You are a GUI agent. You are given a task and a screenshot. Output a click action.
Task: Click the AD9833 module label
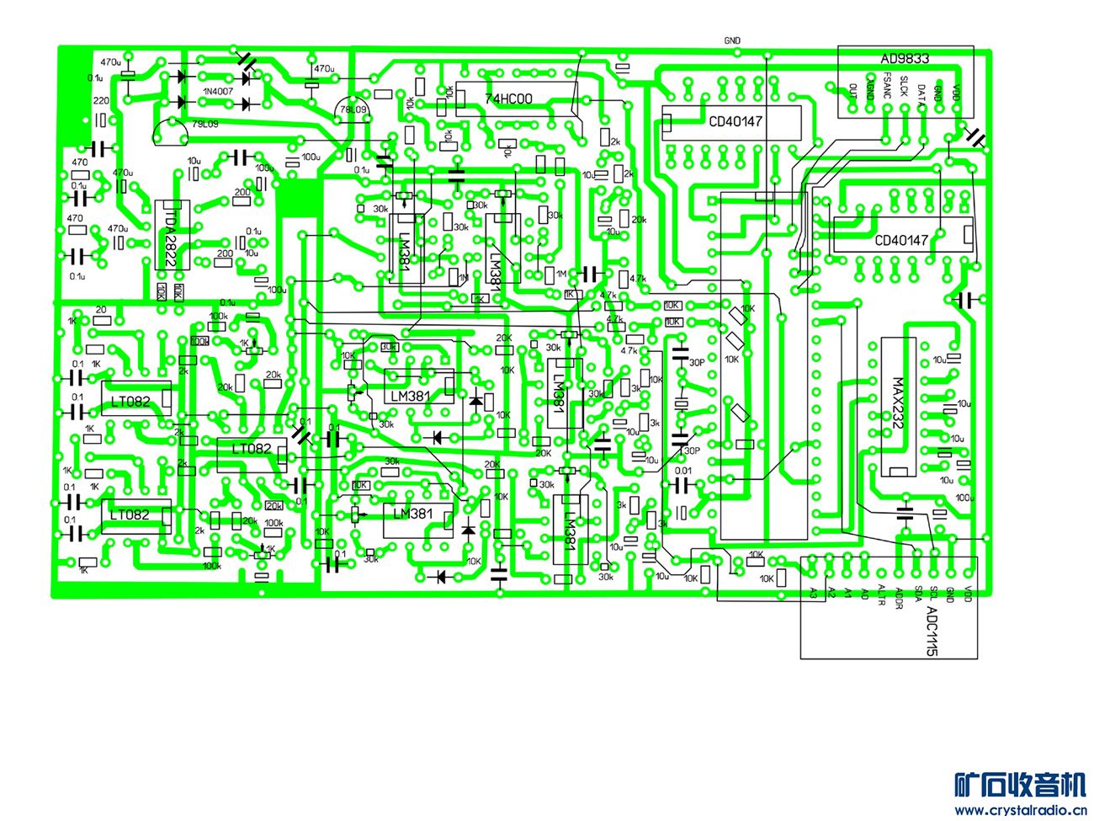905,59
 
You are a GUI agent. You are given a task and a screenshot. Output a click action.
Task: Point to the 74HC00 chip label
508,99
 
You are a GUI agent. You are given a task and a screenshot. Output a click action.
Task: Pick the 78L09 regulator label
351,110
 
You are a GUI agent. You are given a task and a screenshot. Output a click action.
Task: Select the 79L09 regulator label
205,124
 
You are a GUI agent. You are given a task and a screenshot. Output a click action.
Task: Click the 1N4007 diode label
218,91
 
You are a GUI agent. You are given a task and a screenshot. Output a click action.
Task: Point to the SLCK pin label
904,87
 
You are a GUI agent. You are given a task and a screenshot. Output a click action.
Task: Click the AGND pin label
870,91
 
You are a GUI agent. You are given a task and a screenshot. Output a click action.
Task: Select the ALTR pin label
881,594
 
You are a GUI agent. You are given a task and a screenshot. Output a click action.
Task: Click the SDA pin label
916,593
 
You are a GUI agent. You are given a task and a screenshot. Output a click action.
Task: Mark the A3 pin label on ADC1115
813,592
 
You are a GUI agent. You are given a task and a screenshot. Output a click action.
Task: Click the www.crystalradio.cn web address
1020,810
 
